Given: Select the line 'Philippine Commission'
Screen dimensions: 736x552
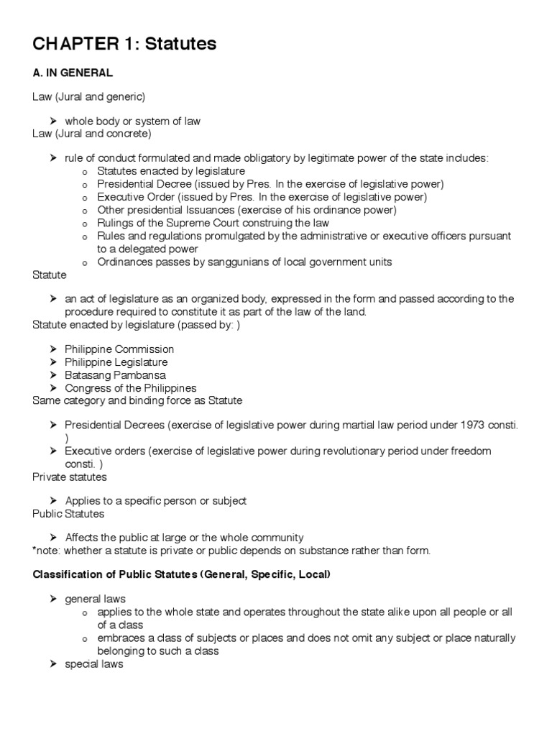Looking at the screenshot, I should pos(119,349).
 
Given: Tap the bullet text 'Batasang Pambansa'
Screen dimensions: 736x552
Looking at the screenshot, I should pos(115,375).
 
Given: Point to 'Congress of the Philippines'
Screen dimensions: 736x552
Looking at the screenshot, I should pos(130,388).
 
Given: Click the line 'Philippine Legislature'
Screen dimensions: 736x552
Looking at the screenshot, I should pos(116,362).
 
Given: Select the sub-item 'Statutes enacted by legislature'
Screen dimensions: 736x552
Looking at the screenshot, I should pos(171,171).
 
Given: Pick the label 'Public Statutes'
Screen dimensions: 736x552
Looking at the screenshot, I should pos(68,513).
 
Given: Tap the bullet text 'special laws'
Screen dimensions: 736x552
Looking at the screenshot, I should pos(93,664).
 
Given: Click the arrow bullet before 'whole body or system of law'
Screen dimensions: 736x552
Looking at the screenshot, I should pos(53,121).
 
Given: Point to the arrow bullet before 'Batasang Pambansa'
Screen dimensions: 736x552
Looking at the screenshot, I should pos(53,375).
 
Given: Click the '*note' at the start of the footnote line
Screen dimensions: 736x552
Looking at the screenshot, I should pos(47,551).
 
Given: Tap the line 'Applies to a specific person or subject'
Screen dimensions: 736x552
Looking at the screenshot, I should pos(155,500).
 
